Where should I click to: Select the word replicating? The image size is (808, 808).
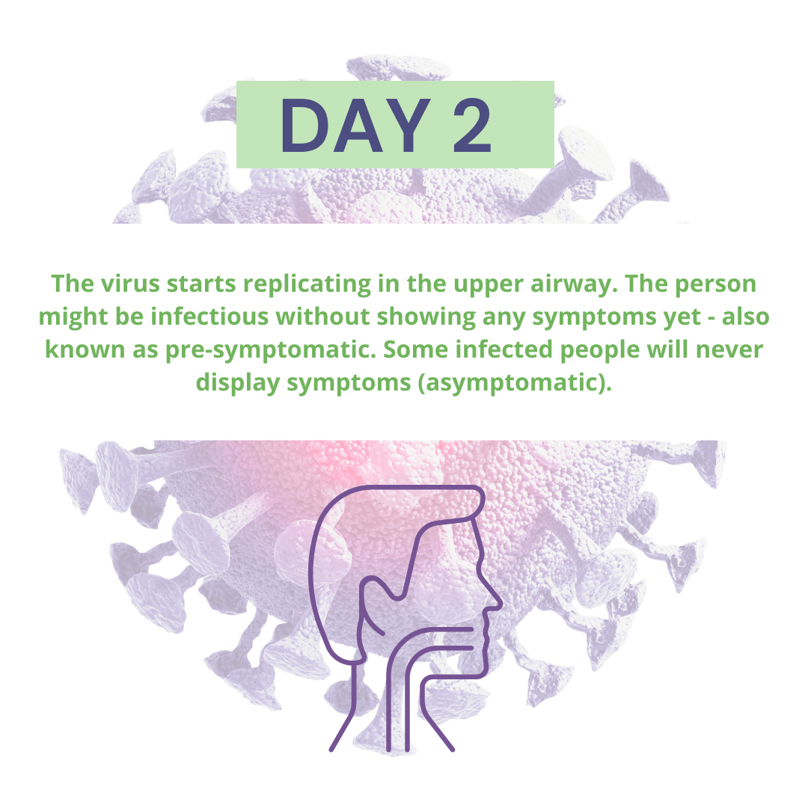tap(305, 284)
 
